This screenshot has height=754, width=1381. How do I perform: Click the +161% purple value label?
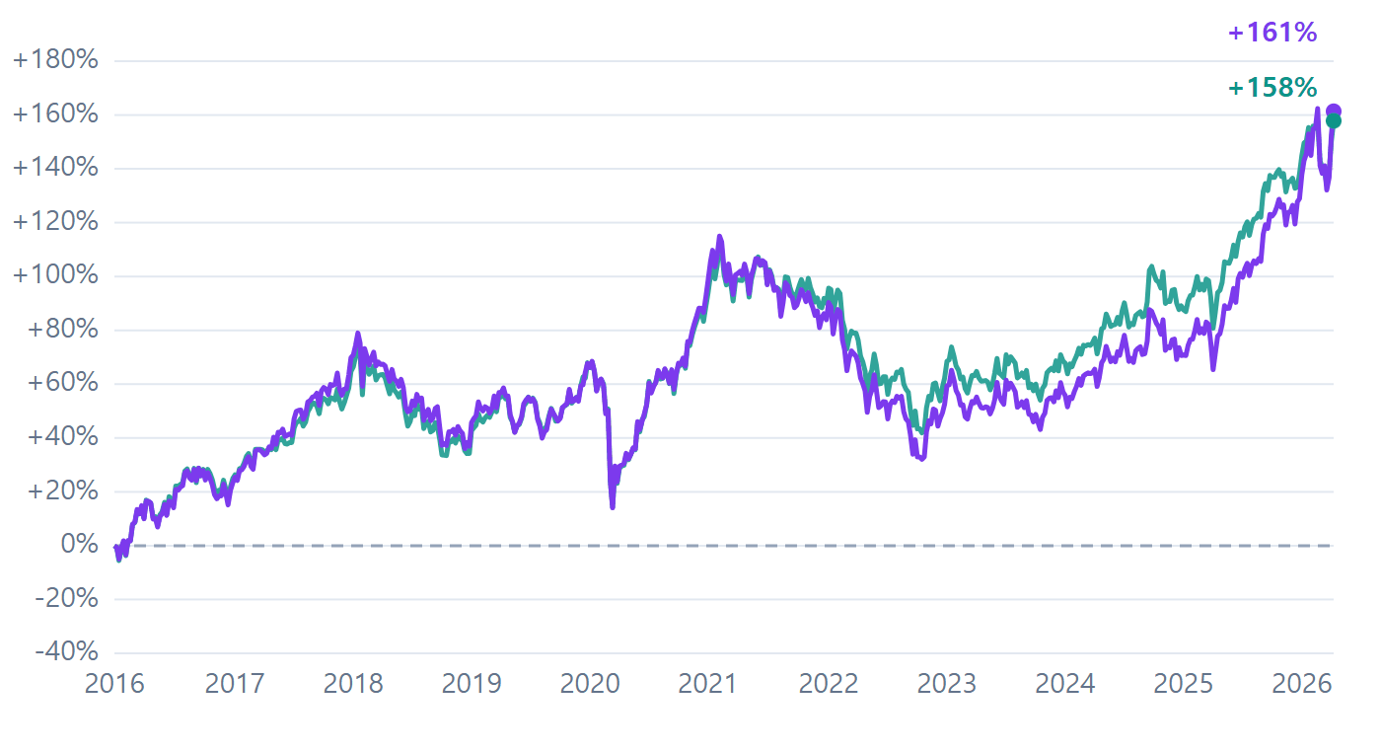(1272, 33)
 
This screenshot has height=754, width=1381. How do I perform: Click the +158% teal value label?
(1272, 88)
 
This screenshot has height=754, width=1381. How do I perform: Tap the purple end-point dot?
(1333, 112)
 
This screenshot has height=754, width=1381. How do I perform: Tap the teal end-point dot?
(1333, 121)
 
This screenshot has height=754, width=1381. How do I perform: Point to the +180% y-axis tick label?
(55, 60)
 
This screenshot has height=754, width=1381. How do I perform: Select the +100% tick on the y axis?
(55, 275)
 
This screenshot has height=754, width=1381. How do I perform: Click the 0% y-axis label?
(79, 545)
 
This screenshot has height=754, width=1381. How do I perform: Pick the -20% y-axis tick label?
(67, 598)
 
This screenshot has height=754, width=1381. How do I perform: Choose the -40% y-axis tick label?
(67, 652)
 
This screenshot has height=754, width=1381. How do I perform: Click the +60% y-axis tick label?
(62, 383)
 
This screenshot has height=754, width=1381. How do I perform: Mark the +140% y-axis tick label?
(55, 168)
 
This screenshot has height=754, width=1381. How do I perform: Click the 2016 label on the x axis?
(114, 684)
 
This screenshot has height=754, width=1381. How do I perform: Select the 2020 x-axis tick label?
(590, 684)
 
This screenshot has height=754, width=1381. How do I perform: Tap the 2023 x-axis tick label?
(946, 684)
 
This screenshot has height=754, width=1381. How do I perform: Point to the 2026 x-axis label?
(1302, 684)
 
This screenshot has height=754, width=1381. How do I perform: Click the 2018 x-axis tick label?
(353, 684)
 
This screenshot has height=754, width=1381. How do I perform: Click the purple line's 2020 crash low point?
(613, 507)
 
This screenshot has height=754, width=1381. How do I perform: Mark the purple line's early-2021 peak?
(719, 236)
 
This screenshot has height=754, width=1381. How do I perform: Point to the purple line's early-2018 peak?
(357, 334)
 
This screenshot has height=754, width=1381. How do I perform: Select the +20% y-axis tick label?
(62, 491)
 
